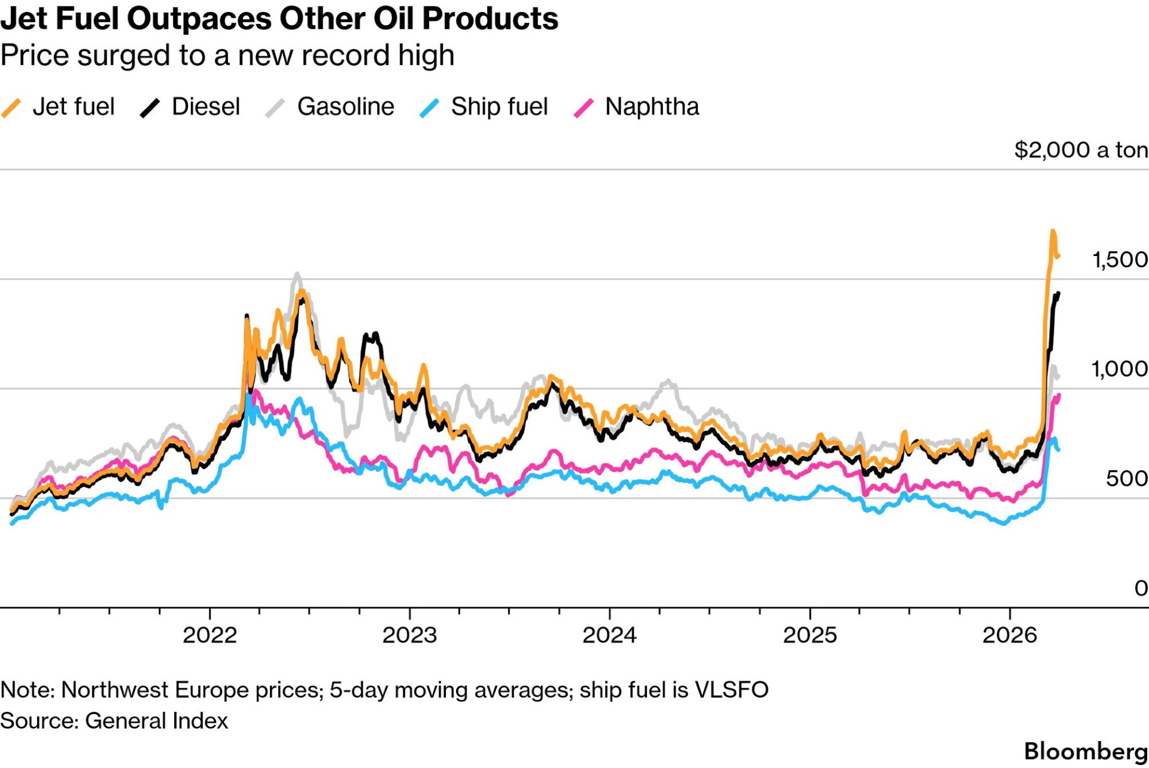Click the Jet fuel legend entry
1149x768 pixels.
pyautogui.click(x=72, y=107)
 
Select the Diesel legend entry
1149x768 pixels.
pyautogui.click(x=205, y=107)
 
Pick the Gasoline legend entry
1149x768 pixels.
pyautogui.click(x=345, y=107)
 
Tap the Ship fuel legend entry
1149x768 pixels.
pyautogui.click(x=499, y=107)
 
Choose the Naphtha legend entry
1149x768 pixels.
pyautogui.click(x=652, y=107)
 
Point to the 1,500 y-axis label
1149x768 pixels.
pyautogui.click(x=1120, y=260)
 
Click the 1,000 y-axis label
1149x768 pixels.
pyautogui.click(x=1120, y=369)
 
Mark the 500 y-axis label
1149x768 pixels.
pyautogui.click(x=1127, y=479)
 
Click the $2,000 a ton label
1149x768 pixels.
pyautogui.click(x=1081, y=150)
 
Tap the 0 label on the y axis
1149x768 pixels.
pyautogui.click(x=1141, y=588)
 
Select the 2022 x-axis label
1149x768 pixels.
pyautogui.click(x=209, y=635)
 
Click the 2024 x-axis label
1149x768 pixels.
pyautogui.click(x=609, y=635)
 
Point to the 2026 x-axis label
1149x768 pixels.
pyautogui.click(x=1010, y=635)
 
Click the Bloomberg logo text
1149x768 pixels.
pyautogui.click(x=1086, y=751)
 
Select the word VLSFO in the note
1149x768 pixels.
pyautogui.click(x=731, y=690)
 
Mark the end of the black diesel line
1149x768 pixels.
pyautogui.click(x=1059, y=293)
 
